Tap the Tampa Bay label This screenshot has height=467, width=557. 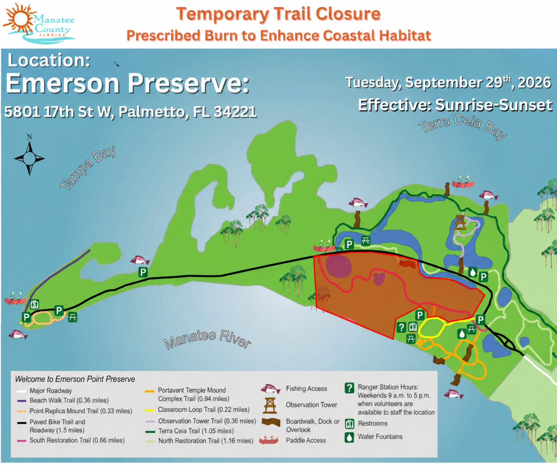[x=87, y=168]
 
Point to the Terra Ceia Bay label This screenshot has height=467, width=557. [x=463, y=127]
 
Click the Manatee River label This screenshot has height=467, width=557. [x=207, y=339]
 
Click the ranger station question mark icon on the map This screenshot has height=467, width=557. [x=401, y=327]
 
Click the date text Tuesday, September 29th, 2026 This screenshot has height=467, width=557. [x=448, y=83]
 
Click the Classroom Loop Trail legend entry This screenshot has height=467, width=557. [x=197, y=409]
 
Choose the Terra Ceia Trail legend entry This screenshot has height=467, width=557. [x=190, y=431]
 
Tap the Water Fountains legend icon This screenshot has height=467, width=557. [x=349, y=437]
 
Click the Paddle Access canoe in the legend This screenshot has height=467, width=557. [x=269, y=440]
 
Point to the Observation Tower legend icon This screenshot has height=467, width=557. [x=270, y=406]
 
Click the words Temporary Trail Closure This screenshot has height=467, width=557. [x=278, y=14]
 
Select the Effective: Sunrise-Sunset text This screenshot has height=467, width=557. [x=455, y=105]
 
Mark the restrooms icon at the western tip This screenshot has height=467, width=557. [x=35, y=304]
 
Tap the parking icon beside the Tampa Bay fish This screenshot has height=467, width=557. [x=143, y=272]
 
